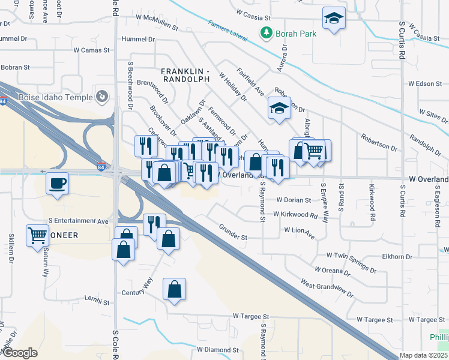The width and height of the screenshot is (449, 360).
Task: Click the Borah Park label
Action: [x=295, y=34]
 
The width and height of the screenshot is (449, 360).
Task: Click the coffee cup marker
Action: [x=57, y=182]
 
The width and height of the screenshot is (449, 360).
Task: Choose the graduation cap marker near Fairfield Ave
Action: [x=279, y=108]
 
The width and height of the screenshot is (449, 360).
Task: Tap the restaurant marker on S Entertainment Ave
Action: [x=154, y=224]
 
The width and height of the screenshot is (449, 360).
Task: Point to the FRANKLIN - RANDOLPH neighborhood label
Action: [x=185, y=75]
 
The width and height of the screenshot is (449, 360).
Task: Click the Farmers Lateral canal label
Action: [x=228, y=31]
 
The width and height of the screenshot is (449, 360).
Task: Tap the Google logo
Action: [x=20, y=353]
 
